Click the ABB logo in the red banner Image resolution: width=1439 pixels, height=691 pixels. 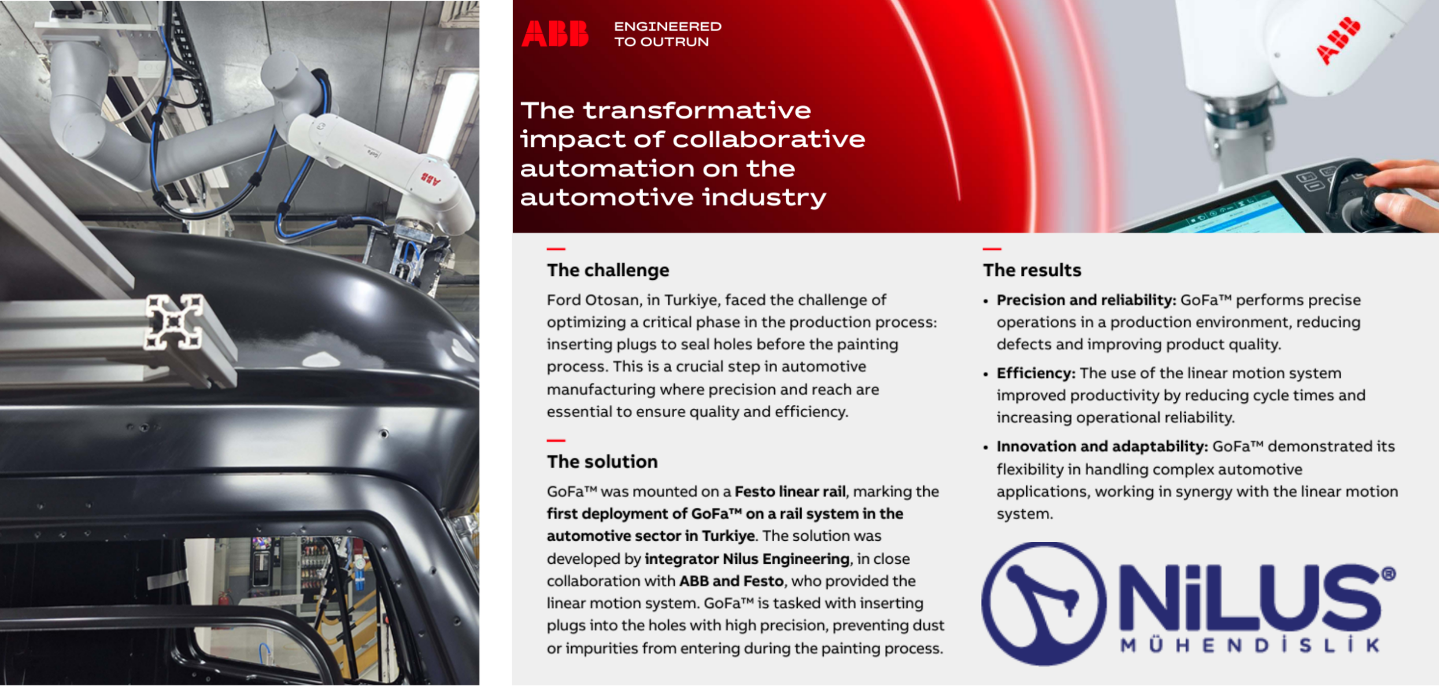click(555, 34)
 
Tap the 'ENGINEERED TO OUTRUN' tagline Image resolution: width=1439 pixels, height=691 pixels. click(668, 34)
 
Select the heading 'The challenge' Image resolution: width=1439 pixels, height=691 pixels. click(608, 270)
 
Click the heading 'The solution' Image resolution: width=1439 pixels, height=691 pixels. click(602, 461)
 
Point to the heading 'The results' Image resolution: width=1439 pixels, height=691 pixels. click(1032, 270)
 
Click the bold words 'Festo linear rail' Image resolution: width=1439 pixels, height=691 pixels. click(790, 492)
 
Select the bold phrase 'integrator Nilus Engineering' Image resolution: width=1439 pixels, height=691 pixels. click(747, 559)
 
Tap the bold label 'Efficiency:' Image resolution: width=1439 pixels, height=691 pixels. click(1036, 374)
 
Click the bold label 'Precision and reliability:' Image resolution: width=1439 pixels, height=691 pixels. click(1086, 300)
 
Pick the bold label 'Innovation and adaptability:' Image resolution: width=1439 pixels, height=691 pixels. click(1103, 446)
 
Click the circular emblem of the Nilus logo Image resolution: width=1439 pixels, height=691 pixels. click(1044, 603)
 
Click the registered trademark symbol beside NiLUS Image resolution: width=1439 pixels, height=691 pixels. click(1389, 574)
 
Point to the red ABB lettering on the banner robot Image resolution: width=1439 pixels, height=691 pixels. click(1338, 40)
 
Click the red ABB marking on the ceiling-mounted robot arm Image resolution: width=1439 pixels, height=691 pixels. click(430, 178)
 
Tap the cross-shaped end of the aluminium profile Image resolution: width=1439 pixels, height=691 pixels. click(175, 323)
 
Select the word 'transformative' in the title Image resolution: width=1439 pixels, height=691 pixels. click(697, 110)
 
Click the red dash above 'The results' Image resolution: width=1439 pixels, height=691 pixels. click(992, 249)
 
